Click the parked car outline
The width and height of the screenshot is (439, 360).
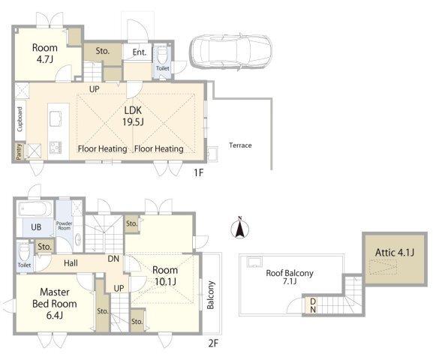(x=230, y=52)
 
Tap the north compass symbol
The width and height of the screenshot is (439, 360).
(x=239, y=228)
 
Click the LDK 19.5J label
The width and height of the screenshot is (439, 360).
(x=133, y=115)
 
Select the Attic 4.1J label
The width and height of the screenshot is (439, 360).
(x=395, y=253)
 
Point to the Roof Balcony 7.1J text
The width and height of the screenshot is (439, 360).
(x=290, y=277)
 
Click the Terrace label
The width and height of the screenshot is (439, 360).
(x=240, y=145)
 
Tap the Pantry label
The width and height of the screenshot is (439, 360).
(x=19, y=151)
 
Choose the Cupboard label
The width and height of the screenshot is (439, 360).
(x=20, y=119)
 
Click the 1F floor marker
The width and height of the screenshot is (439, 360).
(x=198, y=173)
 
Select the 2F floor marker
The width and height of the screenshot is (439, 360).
(x=213, y=343)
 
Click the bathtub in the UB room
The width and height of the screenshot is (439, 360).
(x=35, y=209)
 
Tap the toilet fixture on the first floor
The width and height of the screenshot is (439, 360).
(x=162, y=56)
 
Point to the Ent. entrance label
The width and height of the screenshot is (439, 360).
(x=139, y=52)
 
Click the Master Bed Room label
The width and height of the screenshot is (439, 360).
(x=55, y=304)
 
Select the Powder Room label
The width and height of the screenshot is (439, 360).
(x=64, y=226)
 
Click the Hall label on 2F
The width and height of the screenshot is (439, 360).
(x=71, y=263)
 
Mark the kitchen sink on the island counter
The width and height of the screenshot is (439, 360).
(x=56, y=118)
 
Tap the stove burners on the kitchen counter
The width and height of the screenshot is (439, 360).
(x=56, y=148)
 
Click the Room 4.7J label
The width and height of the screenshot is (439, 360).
(x=45, y=53)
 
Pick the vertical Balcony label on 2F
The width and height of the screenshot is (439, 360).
(x=211, y=295)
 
